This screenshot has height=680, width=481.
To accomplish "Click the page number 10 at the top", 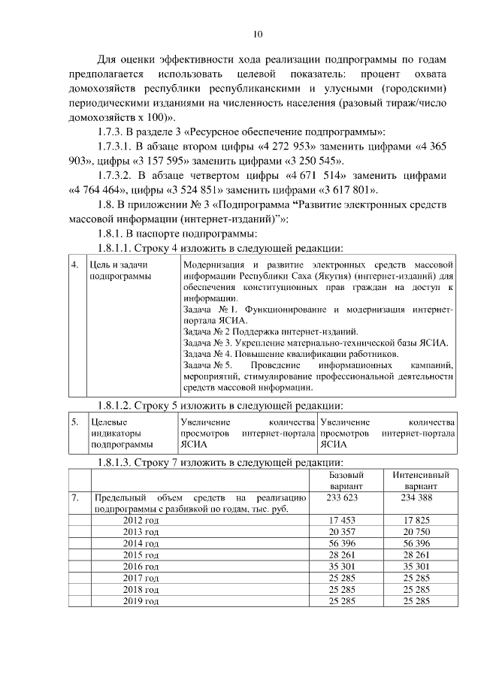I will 258,34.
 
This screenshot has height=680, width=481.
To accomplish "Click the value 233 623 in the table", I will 346,498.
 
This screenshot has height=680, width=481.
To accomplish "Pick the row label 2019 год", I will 141,602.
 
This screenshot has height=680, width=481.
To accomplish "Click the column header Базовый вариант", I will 346,481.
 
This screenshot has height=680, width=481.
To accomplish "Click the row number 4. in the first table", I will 74,265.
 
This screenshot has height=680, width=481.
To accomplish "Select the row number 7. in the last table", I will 75,498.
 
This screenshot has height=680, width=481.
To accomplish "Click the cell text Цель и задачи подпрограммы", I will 119,271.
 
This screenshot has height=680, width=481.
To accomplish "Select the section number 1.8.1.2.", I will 110,406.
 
